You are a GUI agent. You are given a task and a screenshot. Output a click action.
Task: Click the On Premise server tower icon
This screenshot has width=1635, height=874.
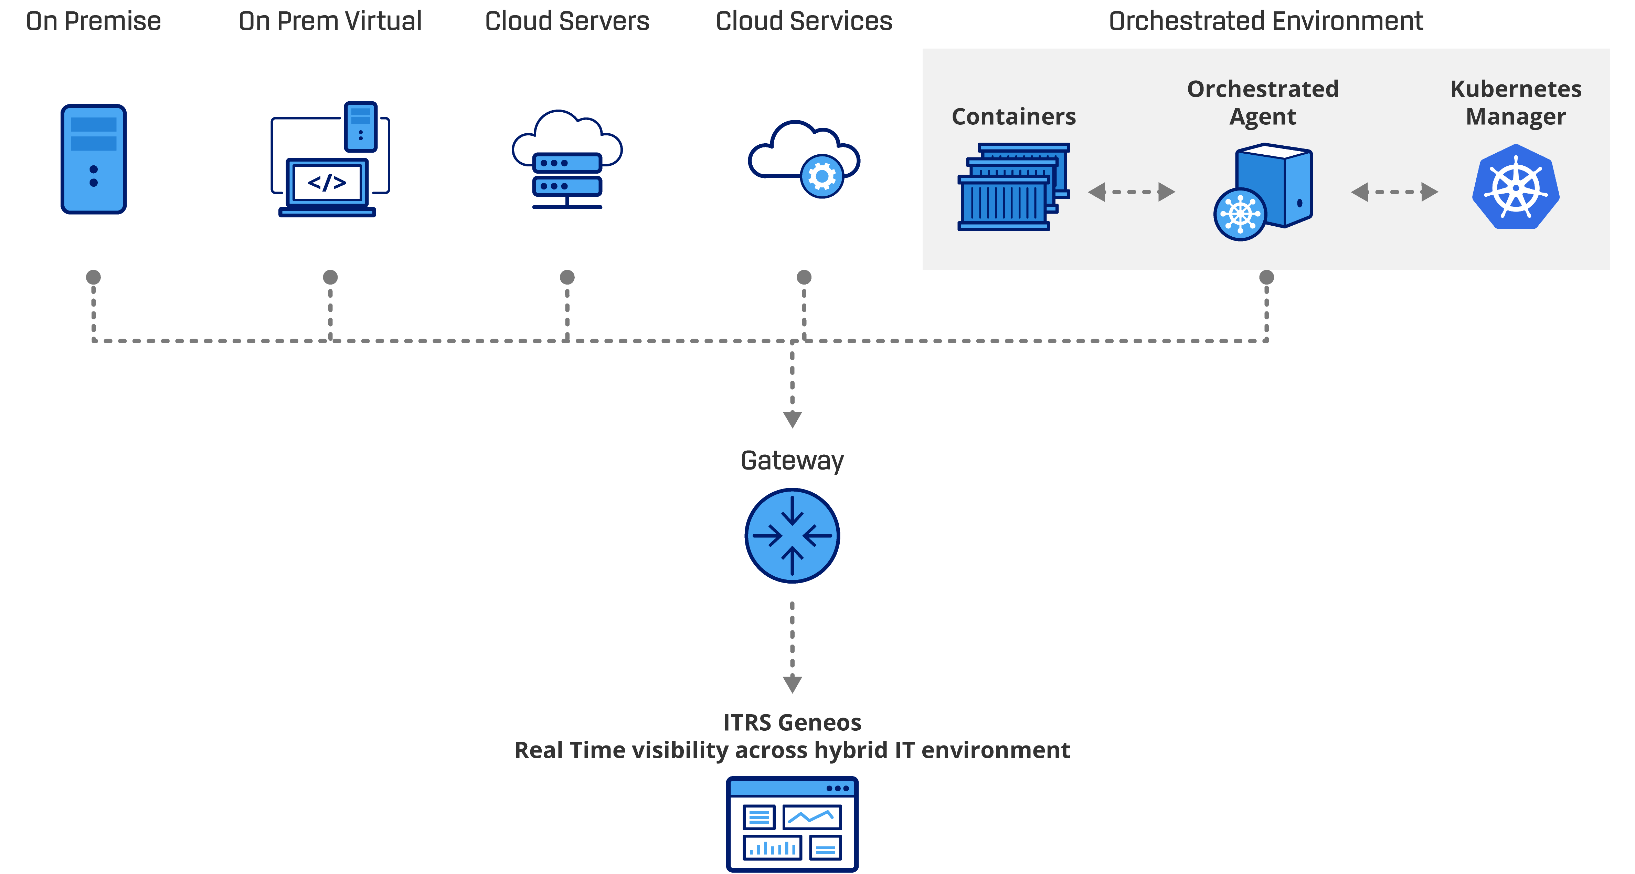point(93,159)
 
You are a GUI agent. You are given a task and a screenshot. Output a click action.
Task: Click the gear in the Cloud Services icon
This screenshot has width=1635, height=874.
point(822,176)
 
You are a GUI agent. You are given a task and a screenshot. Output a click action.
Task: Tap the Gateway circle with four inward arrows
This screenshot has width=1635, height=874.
point(792,535)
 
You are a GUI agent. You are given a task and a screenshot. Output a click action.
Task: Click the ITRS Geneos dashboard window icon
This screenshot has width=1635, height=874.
point(792,823)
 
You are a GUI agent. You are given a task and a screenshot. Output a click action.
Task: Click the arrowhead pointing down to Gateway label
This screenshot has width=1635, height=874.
point(792,419)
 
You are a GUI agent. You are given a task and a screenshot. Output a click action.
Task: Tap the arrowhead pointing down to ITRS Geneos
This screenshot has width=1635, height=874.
point(792,684)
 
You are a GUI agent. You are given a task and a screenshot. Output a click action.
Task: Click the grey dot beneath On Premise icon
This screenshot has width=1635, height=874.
point(93,277)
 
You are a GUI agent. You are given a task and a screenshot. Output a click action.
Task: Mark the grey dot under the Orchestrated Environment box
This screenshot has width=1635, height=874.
point(1266,277)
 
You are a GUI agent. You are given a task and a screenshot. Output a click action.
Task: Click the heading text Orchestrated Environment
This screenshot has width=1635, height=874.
point(1266,21)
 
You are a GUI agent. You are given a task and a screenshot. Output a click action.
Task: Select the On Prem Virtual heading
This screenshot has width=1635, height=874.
point(330,21)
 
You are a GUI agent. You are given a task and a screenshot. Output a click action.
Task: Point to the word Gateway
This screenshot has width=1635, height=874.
point(792,461)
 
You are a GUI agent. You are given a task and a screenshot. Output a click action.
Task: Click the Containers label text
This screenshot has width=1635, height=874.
point(1013,116)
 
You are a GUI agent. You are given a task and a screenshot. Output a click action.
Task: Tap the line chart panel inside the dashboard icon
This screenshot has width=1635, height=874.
point(812,817)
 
